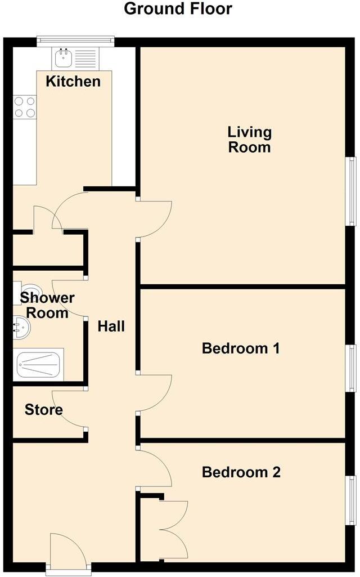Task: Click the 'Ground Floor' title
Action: [x=178, y=9]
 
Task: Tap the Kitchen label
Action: [x=73, y=81]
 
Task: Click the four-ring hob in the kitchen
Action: [x=24, y=107]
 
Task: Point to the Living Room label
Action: [x=249, y=140]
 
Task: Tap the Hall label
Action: [x=111, y=326]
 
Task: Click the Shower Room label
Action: [x=47, y=305]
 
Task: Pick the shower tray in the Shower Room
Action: [x=39, y=364]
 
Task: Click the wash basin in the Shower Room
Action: [x=21, y=328]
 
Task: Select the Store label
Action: [x=43, y=410]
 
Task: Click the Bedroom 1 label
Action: [x=241, y=348]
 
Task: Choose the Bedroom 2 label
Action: [x=241, y=472]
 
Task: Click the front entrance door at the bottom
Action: [x=67, y=552]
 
